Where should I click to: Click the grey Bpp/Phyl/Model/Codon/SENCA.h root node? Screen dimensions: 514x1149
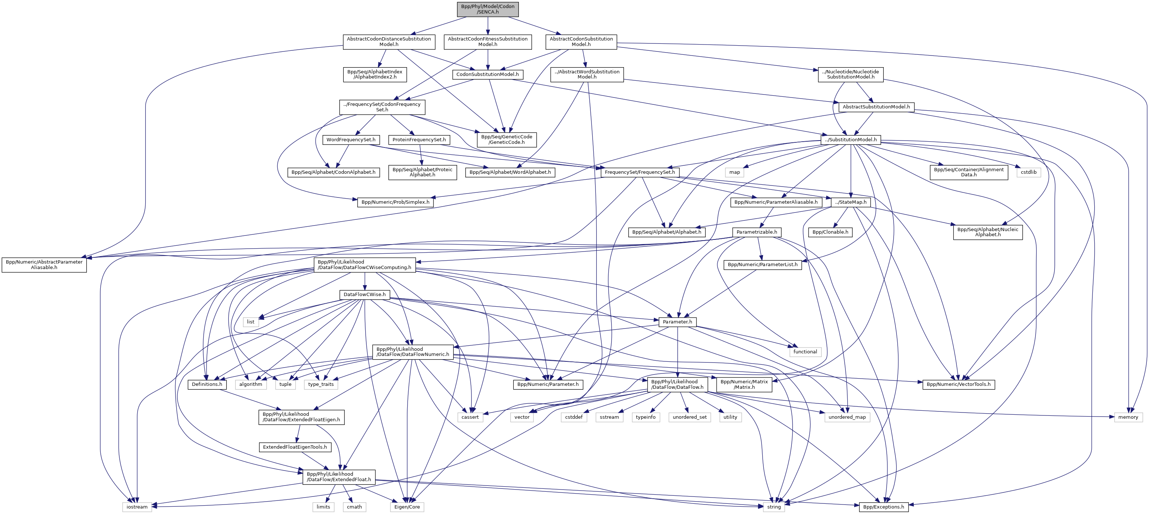(487, 9)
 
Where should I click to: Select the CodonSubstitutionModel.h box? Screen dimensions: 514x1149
(487, 74)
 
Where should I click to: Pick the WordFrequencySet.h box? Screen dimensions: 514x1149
(351, 140)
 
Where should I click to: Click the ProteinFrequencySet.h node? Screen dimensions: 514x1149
(419, 140)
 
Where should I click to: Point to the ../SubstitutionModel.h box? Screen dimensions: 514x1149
(851, 140)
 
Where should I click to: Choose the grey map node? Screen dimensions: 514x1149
(734, 172)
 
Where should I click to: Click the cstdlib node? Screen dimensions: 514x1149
(1029, 172)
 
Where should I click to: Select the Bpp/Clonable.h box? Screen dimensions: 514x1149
(830, 232)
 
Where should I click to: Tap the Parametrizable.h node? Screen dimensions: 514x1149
(756, 232)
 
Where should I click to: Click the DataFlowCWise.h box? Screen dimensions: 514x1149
(365, 295)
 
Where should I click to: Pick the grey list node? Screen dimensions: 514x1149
(251, 322)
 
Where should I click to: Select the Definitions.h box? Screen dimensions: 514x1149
(207, 384)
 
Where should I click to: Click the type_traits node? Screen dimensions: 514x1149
(321, 384)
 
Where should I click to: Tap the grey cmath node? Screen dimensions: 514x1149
(355, 507)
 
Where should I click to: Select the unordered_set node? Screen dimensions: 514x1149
(690, 417)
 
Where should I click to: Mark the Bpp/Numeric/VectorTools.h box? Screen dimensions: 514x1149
(958, 384)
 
